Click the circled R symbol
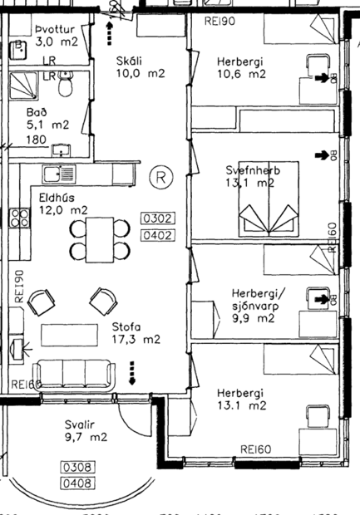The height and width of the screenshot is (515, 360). click(160, 176)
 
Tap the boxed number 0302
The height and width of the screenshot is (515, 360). click(158, 219)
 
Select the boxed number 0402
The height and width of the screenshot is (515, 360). click(158, 235)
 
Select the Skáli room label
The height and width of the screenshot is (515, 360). click(131, 61)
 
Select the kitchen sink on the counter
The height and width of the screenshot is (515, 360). click(61, 174)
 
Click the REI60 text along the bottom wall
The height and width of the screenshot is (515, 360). click(257, 449)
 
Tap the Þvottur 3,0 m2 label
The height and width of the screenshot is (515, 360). click(55, 34)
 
